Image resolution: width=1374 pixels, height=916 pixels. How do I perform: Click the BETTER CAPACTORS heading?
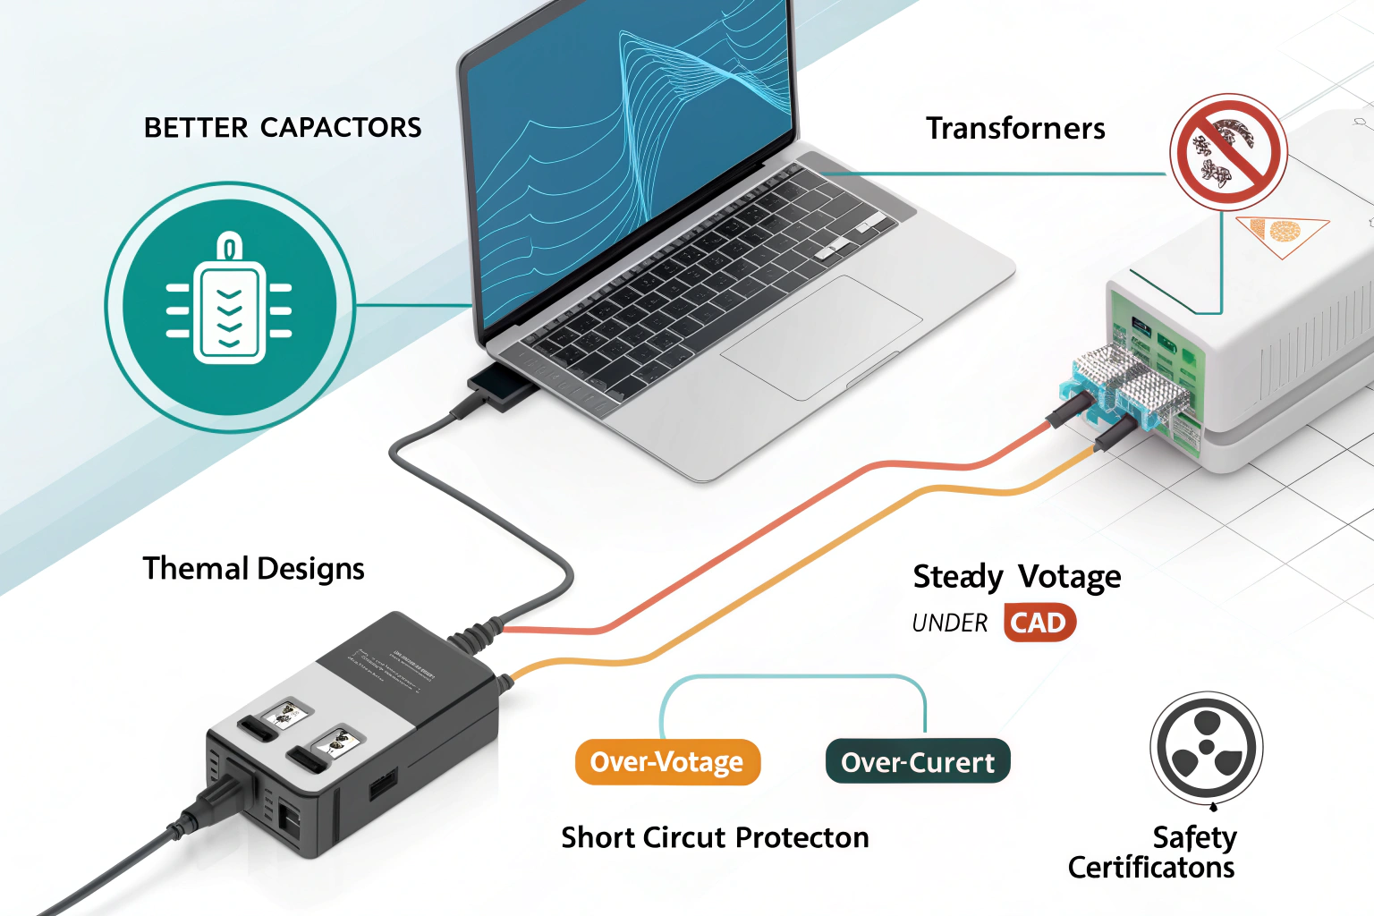(x=283, y=128)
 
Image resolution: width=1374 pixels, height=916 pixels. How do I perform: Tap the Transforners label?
(x=1015, y=129)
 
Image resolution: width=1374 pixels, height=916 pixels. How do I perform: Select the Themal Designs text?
(x=253, y=569)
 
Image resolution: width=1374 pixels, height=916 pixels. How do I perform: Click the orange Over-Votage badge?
(x=667, y=762)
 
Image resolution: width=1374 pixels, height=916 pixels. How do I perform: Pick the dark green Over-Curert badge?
(x=918, y=762)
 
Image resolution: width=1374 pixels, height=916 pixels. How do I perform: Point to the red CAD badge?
(x=1039, y=623)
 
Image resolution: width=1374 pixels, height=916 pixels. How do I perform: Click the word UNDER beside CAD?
(x=949, y=623)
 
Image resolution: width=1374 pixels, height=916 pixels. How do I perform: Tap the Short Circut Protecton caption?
(x=715, y=838)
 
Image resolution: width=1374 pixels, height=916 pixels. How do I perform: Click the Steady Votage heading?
(x=1016, y=577)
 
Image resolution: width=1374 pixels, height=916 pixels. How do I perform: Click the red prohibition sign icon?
(x=1228, y=151)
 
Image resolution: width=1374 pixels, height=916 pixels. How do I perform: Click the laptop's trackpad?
(x=820, y=336)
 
